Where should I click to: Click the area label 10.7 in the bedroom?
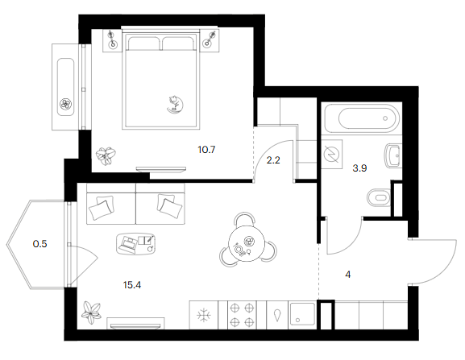pyautogui.click(x=206, y=150)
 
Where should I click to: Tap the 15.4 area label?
pyautogui.click(x=132, y=285)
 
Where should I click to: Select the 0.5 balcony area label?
pyautogui.click(x=39, y=244)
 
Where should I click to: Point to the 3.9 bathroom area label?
pyautogui.click(x=359, y=168)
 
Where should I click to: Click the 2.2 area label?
pyautogui.click(x=273, y=160)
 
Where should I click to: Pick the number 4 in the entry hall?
pyautogui.click(x=348, y=275)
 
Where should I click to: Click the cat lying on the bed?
pyautogui.click(x=175, y=104)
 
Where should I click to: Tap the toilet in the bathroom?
pyautogui.click(x=379, y=197)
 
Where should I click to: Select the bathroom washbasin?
pyautogui.click(x=393, y=155)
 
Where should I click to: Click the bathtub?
pyautogui.click(x=362, y=118)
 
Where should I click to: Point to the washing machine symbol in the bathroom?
pyautogui.click(x=331, y=155)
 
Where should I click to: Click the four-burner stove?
pyautogui.click(x=242, y=315)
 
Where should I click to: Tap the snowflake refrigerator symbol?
pyautogui.click(x=204, y=315)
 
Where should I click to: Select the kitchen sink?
pyautogui.click(x=302, y=315)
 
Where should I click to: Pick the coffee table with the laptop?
pyautogui.click(x=136, y=243)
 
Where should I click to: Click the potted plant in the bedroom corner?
pyautogui.click(x=106, y=155)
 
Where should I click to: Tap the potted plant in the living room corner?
pyautogui.click(x=91, y=313)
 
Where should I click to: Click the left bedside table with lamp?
pyautogui.click(x=112, y=40)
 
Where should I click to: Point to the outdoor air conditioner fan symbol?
pyautogui.click(x=65, y=104)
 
